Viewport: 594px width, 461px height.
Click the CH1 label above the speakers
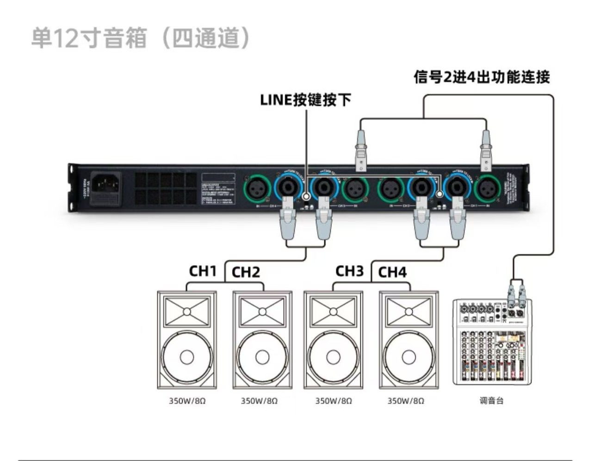point(203,271)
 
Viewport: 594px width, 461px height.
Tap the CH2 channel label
point(246,272)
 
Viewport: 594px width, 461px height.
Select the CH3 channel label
point(349,271)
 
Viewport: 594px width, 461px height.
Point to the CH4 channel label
point(392,272)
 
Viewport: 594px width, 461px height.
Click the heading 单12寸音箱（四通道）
point(141,38)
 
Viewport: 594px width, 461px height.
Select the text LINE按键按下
point(305,100)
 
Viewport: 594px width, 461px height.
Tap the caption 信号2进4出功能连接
point(482,77)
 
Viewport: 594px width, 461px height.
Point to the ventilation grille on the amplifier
point(166,188)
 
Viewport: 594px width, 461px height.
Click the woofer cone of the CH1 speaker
point(186,357)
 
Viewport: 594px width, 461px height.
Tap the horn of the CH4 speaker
point(408,311)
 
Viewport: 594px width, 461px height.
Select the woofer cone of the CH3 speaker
point(333,357)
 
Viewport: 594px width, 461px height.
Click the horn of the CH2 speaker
point(262,311)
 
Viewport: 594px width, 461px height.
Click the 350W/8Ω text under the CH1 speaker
point(187,401)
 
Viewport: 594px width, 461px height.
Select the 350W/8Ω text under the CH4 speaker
point(406,401)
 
